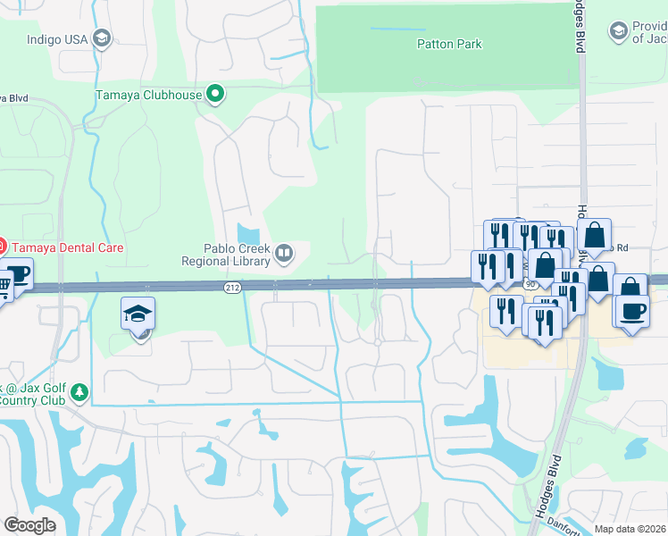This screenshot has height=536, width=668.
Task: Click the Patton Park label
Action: coord(449,44)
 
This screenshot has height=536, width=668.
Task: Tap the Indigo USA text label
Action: coord(57,39)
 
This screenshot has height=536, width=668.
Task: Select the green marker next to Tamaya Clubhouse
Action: coord(215,93)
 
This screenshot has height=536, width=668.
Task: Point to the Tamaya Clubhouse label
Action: coord(149,93)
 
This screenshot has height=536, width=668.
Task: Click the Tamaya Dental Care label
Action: coord(68,247)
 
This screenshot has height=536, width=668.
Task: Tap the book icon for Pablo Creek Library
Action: coord(284,255)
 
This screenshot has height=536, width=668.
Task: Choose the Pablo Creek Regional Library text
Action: coord(226,255)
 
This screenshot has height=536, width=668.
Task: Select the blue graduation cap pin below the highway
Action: coord(138,314)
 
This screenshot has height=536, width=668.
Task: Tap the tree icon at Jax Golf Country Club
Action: coord(79,392)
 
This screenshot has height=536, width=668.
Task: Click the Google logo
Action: coord(29,525)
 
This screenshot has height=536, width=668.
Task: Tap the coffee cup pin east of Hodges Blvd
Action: coord(630,312)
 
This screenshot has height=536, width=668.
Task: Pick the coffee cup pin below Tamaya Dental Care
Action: coord(18,274)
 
